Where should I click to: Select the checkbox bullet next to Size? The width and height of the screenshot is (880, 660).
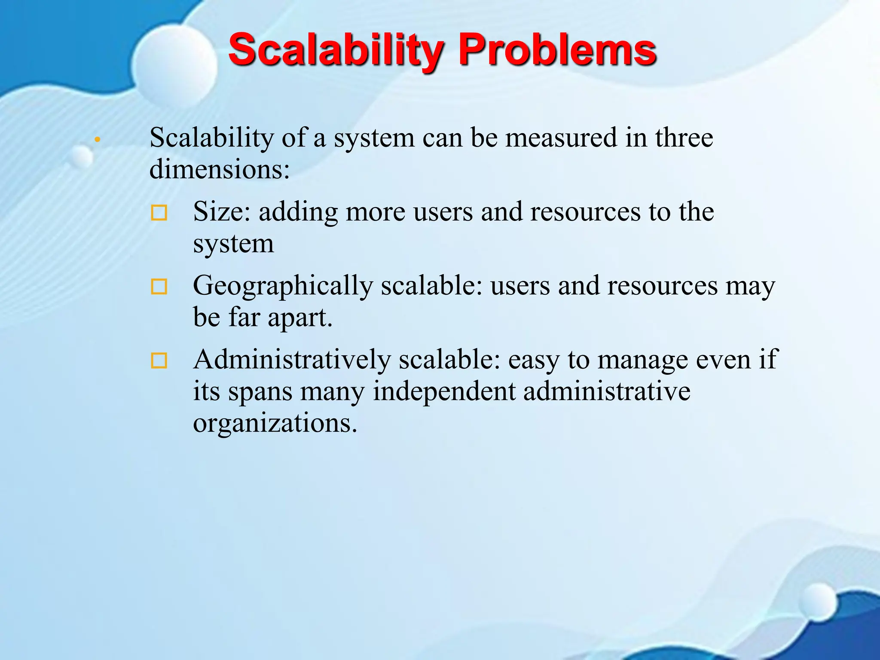click(159, 213)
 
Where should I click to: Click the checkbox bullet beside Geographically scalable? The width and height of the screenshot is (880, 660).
click(159, 287)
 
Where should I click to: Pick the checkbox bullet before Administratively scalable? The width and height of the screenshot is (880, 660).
click(159, 361)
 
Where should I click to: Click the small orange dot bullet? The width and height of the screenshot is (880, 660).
click(98, 140)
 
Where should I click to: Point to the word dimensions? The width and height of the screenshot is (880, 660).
click(220, 169)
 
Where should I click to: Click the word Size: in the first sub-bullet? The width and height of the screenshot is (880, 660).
click(221, 212)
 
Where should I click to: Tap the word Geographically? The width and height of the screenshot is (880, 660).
click(283, 286)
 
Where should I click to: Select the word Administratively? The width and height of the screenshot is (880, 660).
click(292, 360)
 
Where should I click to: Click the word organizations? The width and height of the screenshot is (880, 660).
click(275, 423)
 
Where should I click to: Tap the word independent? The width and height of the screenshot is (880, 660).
click(444, 391)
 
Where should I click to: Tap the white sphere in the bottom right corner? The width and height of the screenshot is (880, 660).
click(819, 602)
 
